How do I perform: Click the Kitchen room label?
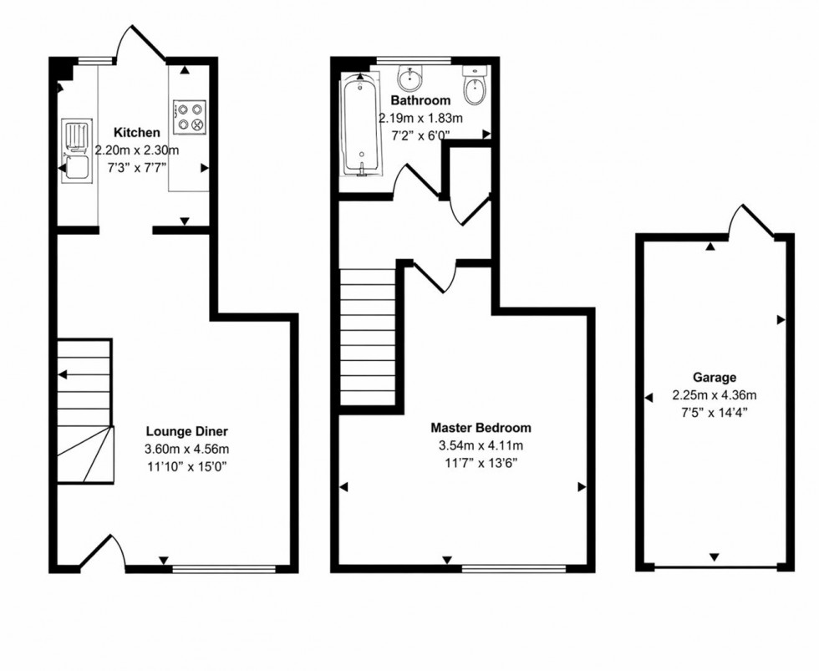click(x=136, y=133)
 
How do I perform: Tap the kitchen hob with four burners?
click(x=189, y=117)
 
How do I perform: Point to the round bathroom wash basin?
click(x=409, y=80)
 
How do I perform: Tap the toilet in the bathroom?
click(x=474, y=88)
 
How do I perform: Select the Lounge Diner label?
click(x=186, y=431)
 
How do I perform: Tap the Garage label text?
click(x=714, y=378)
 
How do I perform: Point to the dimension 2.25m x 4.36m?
click(x=714, y=395)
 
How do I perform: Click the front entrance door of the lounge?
click(x=104, y=555)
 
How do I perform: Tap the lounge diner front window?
click(x=224, y=570)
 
